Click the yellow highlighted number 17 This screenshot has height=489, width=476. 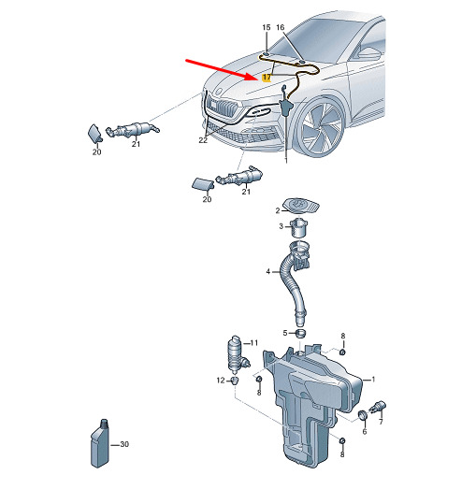[267, 78]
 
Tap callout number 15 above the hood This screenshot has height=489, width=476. [267, 27]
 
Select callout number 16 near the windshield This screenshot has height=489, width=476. [281, 27]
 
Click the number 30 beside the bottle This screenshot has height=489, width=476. [124, 444]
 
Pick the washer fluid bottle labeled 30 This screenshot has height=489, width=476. [100, 443]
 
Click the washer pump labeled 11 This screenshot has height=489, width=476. [238, 352]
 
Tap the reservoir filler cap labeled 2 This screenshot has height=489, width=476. [301, 206]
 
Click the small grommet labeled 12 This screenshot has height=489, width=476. [234, 381]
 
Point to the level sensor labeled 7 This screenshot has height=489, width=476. [378, 407]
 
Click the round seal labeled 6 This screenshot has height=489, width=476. [363, 415]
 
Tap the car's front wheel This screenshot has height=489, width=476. [322, 128]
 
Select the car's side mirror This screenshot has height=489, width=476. [369, 52]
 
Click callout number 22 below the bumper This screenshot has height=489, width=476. [203, 140]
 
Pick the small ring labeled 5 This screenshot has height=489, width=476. [300, 333]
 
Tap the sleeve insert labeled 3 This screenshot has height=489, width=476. [299, 227]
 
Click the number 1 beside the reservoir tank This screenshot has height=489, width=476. [373, 380]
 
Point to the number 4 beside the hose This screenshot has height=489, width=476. [268, 272]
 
